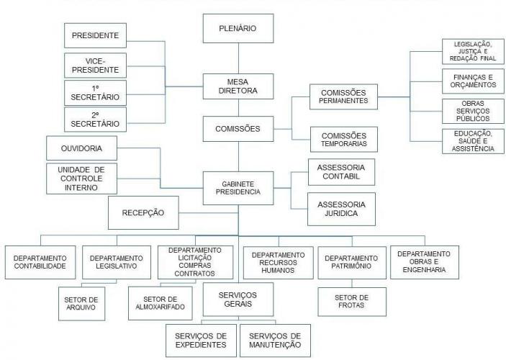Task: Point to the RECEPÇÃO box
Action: [143, 212]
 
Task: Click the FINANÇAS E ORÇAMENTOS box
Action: [469, 81]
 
